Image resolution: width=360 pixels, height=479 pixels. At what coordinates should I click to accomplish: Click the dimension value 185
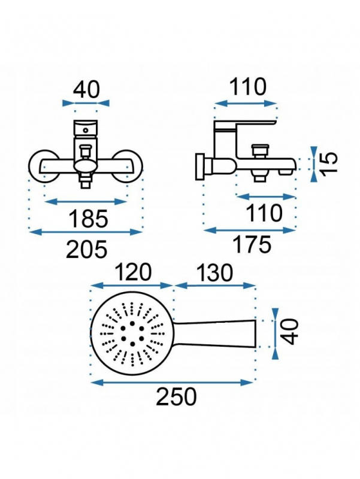click(x=89, y=219)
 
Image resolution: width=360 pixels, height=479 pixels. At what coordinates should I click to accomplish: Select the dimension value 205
click(x=87, y=248)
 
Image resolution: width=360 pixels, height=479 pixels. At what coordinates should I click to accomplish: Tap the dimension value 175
click(x=252, y=244)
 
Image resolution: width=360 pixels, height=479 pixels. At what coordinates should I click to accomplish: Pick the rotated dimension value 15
click(x=329, y=162)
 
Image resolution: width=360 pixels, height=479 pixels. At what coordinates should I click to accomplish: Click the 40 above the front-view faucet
click(x=86, y=89)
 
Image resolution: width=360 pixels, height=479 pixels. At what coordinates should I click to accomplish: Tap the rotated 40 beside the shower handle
click(x=289, y=332)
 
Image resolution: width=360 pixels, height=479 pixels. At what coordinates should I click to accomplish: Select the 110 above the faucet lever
click(x=247, y=87)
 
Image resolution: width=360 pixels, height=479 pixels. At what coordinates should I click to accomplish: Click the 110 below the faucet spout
click(x=264, y=213)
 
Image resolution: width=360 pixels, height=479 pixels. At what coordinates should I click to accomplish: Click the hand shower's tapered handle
click(x=214, y=334)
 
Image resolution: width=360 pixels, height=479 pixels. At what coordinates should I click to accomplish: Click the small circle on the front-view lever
click(x=86, y=131)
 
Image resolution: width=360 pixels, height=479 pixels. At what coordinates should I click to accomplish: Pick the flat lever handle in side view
click(x=246, y=126)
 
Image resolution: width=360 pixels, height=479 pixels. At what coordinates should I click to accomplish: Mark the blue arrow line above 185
click(x=86, y=201)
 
